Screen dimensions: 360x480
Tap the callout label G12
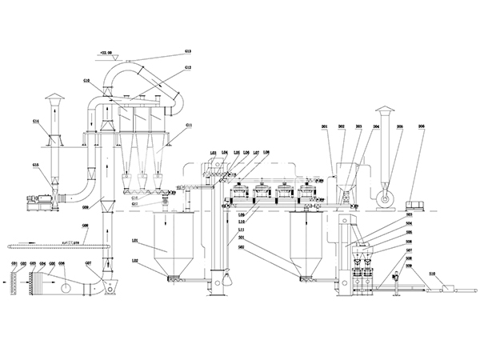coord(190,67)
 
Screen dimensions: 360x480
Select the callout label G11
coord(190,125)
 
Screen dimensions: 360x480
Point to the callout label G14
coord(37,121)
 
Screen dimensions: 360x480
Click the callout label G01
coord(14,264)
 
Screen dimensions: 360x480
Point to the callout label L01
coord(135,239)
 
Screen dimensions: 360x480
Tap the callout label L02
coord(135,262)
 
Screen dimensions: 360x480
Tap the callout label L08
coord(266,152)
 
